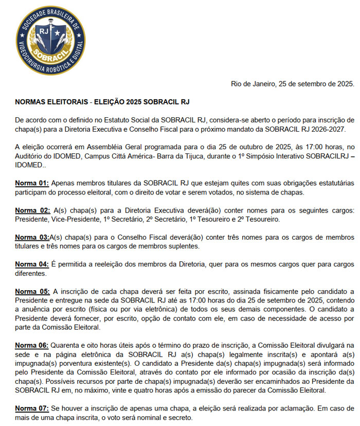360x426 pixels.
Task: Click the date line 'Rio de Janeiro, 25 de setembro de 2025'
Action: (x=292, y=83)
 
